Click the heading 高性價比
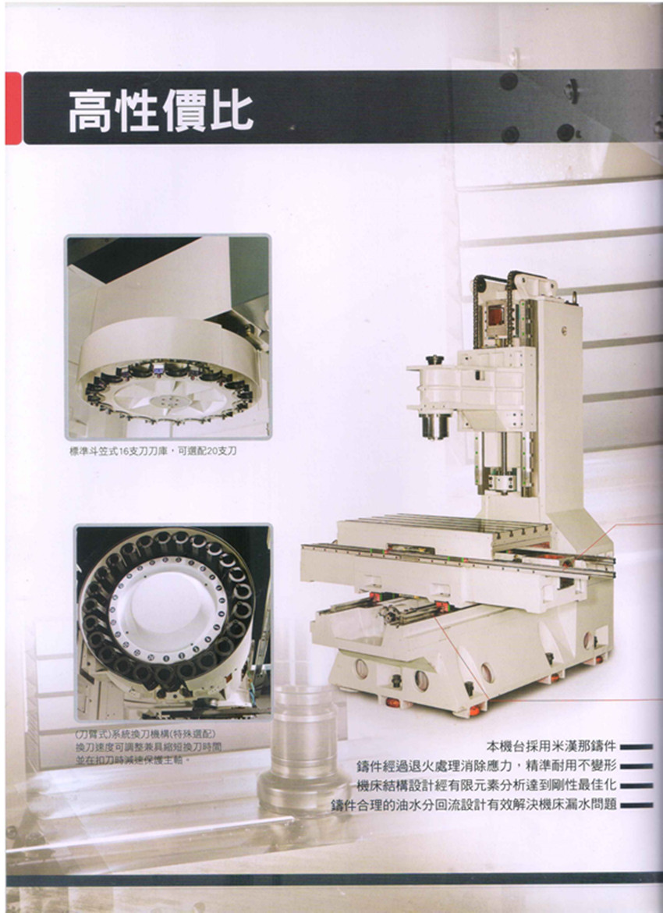[160, 111]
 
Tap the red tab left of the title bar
[12, 108]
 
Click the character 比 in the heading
[232, 111]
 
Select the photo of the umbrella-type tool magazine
[168, 336]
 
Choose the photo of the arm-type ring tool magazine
[173, 621]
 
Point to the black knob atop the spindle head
[434, 360]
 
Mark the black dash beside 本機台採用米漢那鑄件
[637, 748]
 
